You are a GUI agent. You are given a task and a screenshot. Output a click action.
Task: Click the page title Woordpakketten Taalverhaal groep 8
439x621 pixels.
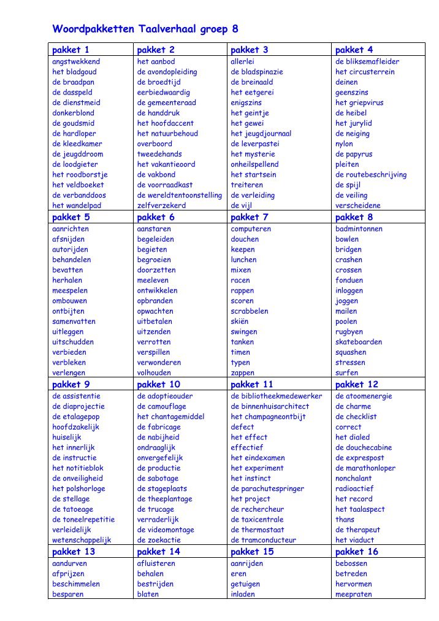(x=145, y=29)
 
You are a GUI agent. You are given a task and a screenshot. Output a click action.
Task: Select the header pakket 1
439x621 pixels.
(x=71, y=50)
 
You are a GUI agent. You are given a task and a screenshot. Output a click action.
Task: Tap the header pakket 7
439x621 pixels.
(x=249, y=217)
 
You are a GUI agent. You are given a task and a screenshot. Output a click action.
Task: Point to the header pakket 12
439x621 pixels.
(x=356, y=384)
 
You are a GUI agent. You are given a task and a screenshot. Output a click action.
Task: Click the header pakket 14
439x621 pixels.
(x=158, y=552)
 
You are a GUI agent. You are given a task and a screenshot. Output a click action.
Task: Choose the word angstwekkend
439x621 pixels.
(x=76, y=61)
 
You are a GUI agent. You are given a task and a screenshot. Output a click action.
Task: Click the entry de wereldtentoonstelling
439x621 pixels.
(x=179, y=195)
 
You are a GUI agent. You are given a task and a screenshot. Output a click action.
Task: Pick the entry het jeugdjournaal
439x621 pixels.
(x=261, y=133)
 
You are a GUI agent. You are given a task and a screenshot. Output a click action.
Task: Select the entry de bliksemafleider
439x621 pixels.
(x=367, y=61)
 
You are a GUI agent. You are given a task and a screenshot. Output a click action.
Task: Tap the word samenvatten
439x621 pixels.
(x=74, y=321)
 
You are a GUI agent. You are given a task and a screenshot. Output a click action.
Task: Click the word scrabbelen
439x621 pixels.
(x=249, y=311)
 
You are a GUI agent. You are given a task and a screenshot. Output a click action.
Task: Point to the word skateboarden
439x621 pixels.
(x=358, y=342)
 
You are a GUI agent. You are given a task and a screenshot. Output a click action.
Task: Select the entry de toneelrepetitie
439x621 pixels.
(x=83, y=519)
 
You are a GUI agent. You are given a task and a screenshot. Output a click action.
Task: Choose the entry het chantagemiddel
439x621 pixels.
(x=170, y=417)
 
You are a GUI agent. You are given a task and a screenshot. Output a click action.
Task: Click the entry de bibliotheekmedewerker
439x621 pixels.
(x=276, y=396)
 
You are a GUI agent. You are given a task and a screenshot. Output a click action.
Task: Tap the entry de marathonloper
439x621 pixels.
(x=365, y=468)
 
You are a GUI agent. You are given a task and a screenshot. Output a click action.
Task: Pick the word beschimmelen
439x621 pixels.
(x=76, y=584)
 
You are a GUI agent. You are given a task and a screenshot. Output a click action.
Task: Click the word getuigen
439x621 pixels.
(x=245, y=584)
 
